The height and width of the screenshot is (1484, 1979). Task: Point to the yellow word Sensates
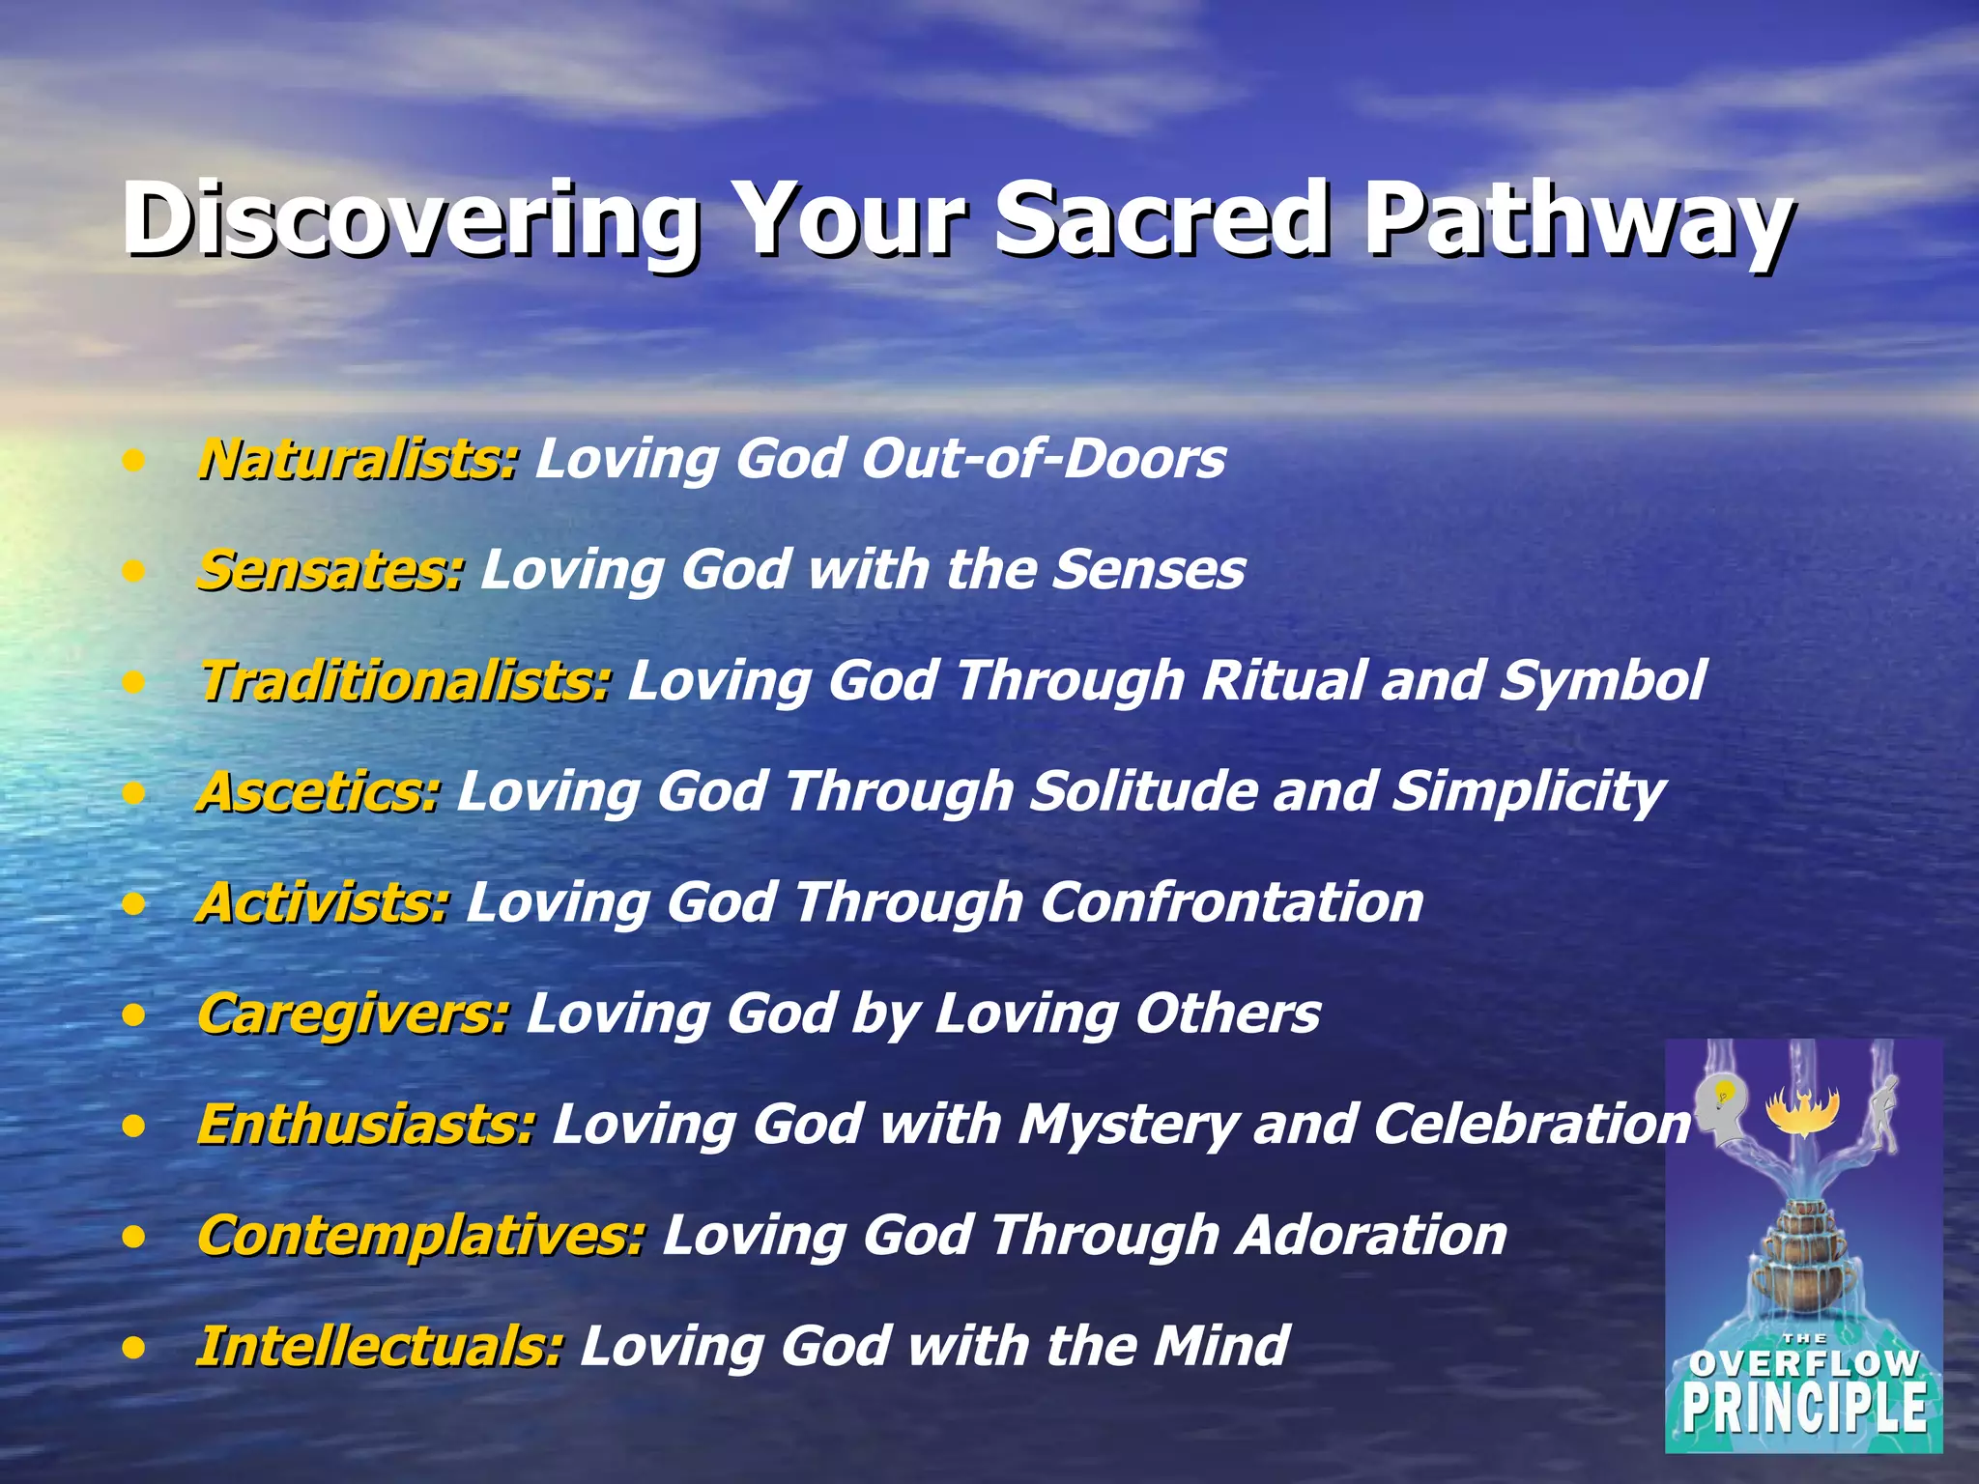click(x=330, y=569)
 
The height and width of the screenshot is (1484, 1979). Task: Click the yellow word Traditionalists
click(x=404, y=680)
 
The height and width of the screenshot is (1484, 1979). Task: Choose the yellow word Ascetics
click(x=318, y=791)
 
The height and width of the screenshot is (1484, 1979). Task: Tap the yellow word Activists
click(x=323, y=902)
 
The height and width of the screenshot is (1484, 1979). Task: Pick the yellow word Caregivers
click(x=352, y=1013)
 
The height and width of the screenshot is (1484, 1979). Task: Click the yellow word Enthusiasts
click(x=365, y=1125)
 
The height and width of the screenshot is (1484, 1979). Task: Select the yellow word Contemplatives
click(x=420, y=1236)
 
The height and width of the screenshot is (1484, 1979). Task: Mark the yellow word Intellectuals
click(x=379, y=1347)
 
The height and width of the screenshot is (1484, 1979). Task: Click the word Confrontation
click(x=1231, y=902)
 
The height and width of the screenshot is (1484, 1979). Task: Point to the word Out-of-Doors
click(x=1043, y=458)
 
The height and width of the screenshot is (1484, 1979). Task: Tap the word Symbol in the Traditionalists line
click(x=1602, y=680)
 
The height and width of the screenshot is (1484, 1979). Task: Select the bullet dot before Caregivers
click(x=134, y=1015)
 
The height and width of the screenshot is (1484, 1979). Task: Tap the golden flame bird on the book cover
click(x=1802, y=1111)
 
